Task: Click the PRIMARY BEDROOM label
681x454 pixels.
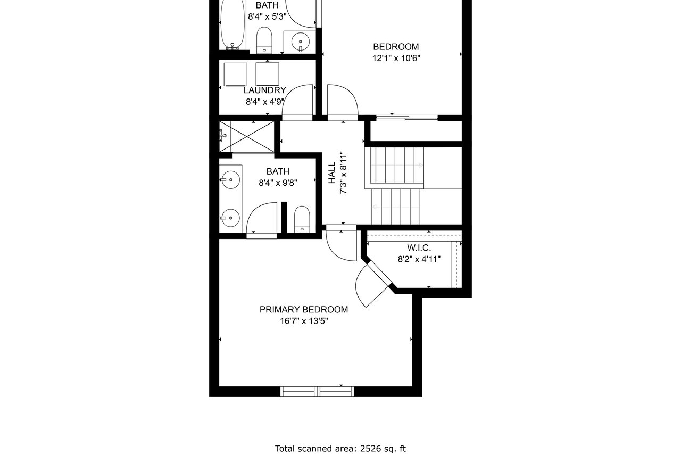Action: tap(303, 310)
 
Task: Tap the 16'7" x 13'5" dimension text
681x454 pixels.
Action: tap(304, 321)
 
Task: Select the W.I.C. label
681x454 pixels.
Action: tap(419, 248)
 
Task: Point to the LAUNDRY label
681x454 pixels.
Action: tap(265, 90)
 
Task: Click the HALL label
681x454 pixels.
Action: tap(331, 173)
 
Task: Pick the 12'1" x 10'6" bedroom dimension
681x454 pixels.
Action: tap(396, 58)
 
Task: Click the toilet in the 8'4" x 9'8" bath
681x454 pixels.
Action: tap(302, 220)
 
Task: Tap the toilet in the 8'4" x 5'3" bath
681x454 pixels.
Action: tap(264, 40)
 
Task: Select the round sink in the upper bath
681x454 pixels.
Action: tap(301, 42)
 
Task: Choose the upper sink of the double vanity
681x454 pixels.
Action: tap(231, 180)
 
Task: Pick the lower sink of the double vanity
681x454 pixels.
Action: tap(230, 218)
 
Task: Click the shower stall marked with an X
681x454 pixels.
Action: tap(247, 137)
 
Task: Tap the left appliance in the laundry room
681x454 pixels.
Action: tap(236, 75)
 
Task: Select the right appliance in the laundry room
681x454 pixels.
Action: tap(267, 74)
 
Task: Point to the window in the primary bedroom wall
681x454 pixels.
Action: tap(317, 391)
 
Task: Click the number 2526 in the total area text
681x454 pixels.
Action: tap(371, 449)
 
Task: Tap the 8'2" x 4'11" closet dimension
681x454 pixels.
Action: tap(419, 259)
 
